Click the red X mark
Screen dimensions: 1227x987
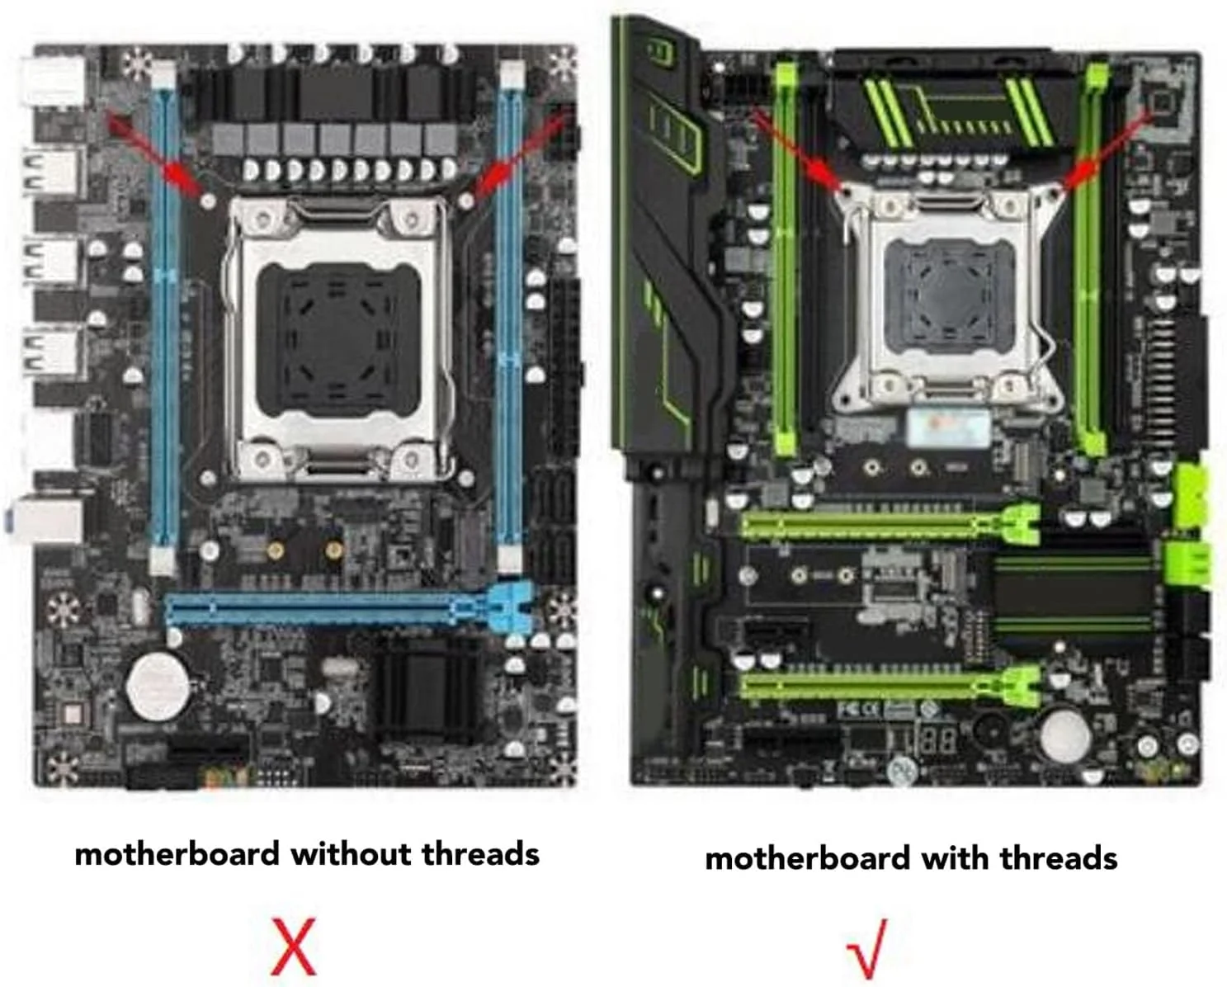click(294, 947)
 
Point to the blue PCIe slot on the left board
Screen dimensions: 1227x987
click(350, 609)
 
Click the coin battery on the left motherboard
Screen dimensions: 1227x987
click(158, 686)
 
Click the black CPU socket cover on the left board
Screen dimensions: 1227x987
click(338, 340)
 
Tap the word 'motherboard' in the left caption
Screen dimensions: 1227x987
click(177, 854)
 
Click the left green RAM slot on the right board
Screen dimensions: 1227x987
click(785, 259)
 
